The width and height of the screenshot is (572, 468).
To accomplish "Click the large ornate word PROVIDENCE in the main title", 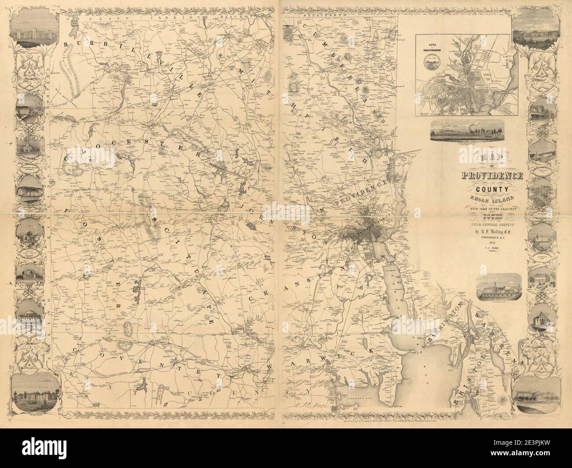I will pos(492,177).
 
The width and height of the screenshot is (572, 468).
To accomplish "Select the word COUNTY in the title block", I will pos(492,190).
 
